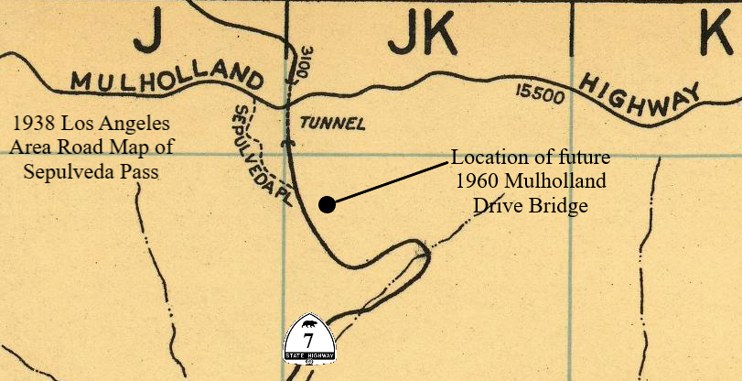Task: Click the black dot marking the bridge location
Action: click(x=327, y=204)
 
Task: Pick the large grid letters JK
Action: click(x=421, y=37)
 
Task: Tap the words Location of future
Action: click(x=532, y=157)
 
